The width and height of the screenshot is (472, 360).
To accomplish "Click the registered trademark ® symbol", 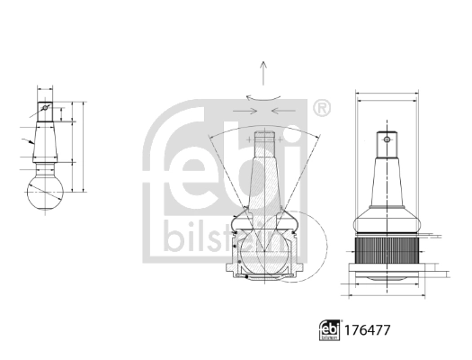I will pos(320,108).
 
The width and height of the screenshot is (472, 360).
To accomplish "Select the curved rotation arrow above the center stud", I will pos(262,97).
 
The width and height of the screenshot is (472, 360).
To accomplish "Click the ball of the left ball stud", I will pos(42,191).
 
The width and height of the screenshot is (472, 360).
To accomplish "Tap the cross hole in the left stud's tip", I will pos(43,112).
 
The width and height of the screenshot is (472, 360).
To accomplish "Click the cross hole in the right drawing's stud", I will pos(387,139).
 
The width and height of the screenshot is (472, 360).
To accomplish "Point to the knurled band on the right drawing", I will pos(387,248).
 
